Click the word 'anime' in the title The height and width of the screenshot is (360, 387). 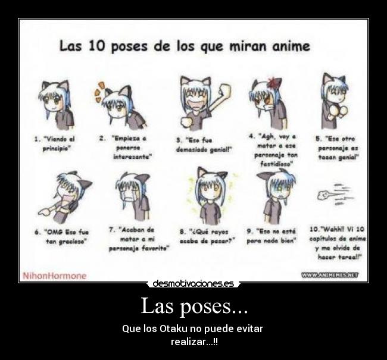tap(286, 46)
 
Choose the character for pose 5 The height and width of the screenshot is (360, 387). tap(334, 99)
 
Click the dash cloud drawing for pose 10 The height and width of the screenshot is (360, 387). tap(337, 194)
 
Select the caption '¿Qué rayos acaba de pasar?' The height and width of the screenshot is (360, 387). tap(208, 236)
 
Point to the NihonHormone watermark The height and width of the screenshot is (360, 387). tap(54, 276)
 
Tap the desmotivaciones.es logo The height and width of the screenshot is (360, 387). tap(193, 284)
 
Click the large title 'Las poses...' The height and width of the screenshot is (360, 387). tap(193, 306)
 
